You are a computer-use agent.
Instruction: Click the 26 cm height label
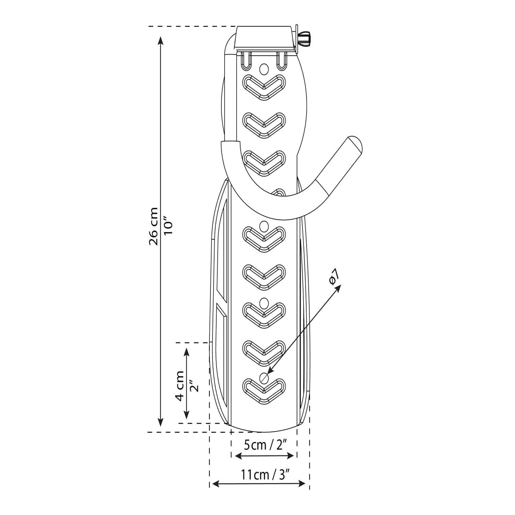pyautogui.click(x=153, y=226)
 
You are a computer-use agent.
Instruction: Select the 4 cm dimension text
pyautogui.click(x=180, y=386)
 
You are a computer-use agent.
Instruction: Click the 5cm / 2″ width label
pyautogui.click(x=265, y=445)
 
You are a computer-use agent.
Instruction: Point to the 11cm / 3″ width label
pyautogui.click(x=265, y=475)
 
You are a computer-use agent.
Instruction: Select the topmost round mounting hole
pyautogui.click(x=264, y=69)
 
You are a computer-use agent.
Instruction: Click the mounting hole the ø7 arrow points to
pyautogui.click(x=264, y=378)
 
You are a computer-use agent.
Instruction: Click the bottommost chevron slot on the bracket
pyautogui.click(x=264, y=391)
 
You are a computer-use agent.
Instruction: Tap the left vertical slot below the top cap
pyautogui.click(x=247, y=60)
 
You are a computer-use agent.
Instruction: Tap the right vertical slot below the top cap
pyautogui.click(x=282, y=60)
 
